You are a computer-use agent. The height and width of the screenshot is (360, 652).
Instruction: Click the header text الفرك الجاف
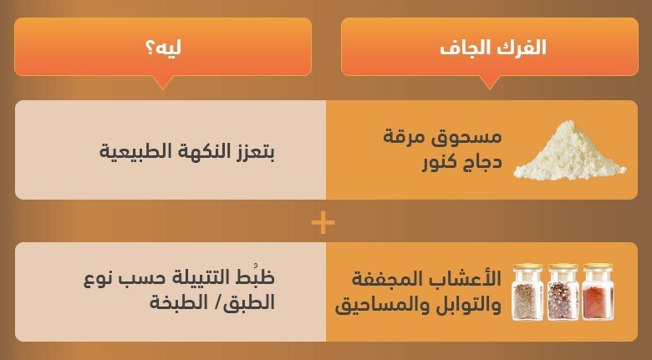[x=492, y=48]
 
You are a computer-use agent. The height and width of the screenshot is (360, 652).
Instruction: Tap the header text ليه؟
[x=163, y=48]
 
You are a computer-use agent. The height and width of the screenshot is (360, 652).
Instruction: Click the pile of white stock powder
[x=570, y=150]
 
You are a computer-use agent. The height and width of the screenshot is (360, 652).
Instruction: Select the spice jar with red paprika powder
[x=598, y=292]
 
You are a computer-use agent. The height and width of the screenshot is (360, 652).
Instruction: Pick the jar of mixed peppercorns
[x=563, y=292]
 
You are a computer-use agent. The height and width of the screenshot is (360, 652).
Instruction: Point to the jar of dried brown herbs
[x=527, y=292]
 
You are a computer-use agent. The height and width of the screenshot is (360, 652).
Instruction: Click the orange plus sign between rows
[x=323, y=223]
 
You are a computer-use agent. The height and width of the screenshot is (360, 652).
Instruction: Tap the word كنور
[x=441, y=162]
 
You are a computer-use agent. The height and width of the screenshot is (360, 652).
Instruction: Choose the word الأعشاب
[x=471, y=278]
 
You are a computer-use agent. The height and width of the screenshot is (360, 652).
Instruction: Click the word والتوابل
[x=471, y=305]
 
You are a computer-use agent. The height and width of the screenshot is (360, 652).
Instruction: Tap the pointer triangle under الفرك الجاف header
[x=489, y=83]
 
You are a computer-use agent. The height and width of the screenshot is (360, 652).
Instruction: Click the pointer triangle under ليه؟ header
[x=163, y=83]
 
